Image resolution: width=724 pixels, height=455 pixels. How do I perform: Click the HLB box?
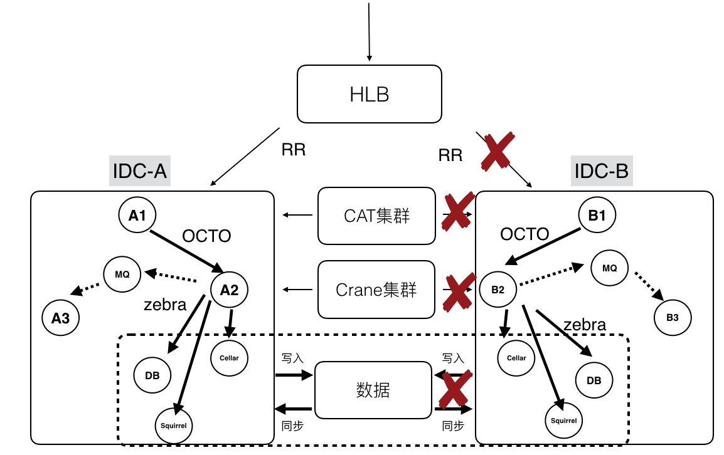tap(369, 94)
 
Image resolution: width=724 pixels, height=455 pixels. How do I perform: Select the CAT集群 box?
tap(376, 216)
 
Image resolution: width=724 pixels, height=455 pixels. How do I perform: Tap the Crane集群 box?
tap(376, 290)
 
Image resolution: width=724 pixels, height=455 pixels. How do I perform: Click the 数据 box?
tap(373, 389)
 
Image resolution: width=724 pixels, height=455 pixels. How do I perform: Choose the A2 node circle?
tap(229, 290)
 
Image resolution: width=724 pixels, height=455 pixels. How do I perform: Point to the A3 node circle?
tap(61, 318)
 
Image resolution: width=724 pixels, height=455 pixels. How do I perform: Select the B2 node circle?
tap(498, 290)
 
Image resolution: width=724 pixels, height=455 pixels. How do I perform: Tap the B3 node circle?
tap(673, 318)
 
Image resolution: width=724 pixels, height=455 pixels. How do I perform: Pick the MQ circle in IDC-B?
tap(609, 268)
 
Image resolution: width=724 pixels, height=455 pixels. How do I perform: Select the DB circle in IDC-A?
tap(152, 375)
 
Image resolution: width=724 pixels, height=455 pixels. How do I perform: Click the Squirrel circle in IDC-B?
tap(563, 421)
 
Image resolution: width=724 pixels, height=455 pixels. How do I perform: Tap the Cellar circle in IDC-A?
tap(230, 358)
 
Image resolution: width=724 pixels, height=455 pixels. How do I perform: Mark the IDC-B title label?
tap(602, 170)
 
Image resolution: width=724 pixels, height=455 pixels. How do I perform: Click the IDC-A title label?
tap(140, 170)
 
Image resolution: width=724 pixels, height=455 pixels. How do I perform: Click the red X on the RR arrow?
tap(497, 150)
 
